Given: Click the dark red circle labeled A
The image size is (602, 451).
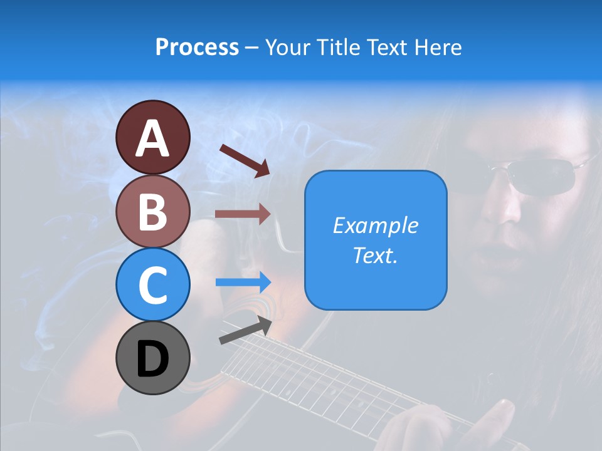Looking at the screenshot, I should [152, 137].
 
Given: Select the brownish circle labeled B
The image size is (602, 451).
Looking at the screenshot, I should [152, 211].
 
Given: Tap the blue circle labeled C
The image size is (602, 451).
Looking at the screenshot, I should [152, 284].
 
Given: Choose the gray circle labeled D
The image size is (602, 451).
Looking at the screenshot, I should [152, 358].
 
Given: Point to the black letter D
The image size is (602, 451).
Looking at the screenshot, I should [152, 359].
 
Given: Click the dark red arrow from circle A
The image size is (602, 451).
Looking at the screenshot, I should [244, 160].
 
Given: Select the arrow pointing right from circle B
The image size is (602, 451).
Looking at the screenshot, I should [243, 214].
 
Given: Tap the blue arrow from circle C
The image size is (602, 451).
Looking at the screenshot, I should [243, 283].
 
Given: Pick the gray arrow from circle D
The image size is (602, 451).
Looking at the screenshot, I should [245, 330].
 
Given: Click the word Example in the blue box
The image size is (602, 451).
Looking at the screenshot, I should [376, 225].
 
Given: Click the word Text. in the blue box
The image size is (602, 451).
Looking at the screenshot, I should [376, 255].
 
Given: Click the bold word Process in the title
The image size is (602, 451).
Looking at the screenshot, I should [197, 48].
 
